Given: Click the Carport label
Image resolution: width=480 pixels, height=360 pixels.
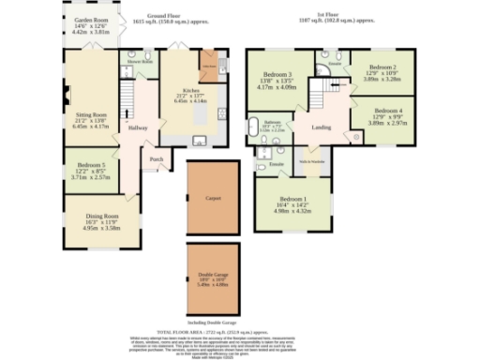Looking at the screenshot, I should click(214, 198).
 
